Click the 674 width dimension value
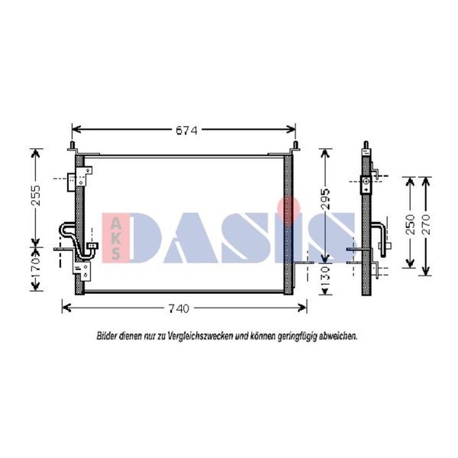coord(187,131)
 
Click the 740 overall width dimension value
coord(179,308)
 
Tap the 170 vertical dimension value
coord(36,268)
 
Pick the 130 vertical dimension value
coord(325,276)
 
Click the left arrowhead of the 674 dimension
coord(76,129)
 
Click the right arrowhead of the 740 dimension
coord(302,308)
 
